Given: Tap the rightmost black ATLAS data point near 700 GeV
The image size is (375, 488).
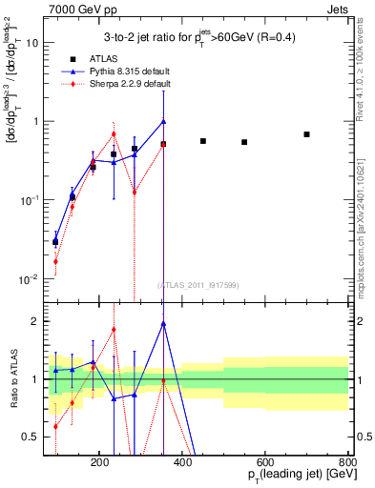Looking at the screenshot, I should tap(306, 134).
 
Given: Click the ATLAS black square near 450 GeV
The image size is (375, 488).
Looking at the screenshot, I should tap(203, 141).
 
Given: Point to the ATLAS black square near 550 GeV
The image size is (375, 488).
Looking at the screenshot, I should tap(244, 142).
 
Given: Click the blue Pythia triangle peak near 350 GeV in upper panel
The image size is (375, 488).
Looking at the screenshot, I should tap(163, 121).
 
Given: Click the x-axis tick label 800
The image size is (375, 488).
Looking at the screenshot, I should tap(347, 462).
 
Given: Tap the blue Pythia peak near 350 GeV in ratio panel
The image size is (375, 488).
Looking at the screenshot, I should tap(163, 323).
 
